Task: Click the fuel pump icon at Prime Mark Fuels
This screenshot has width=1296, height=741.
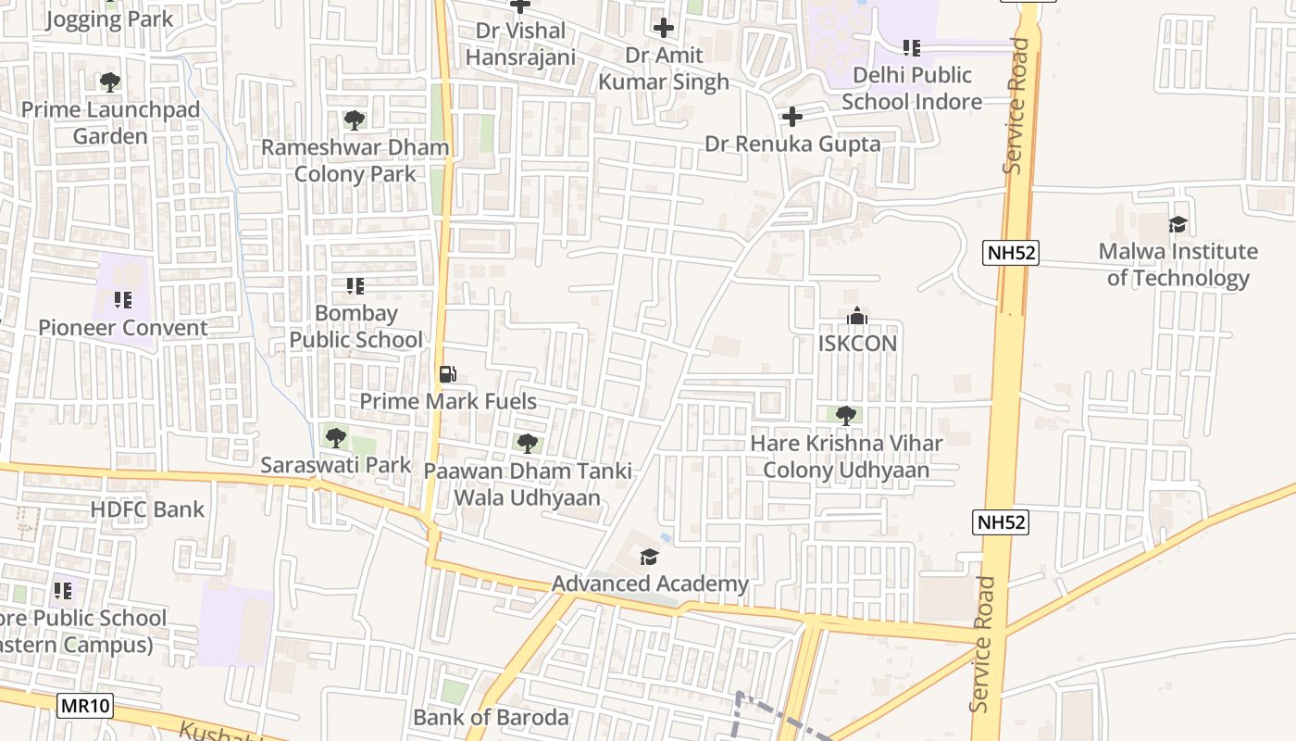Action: tap(447, 374)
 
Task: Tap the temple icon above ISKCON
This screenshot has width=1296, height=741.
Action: tap(857, 316)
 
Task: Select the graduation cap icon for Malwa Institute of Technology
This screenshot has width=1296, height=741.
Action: tap(1178, 224)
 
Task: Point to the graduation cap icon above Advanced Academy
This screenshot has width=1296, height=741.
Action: tap(649, 557)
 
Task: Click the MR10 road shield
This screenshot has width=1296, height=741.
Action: tap(85, 706)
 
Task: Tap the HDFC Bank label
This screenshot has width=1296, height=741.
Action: tap(147, 509)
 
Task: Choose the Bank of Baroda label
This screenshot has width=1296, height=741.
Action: tap(491, 717)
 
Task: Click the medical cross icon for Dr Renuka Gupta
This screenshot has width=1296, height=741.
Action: tap(791, 117)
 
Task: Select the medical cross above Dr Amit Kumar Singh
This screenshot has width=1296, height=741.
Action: tap(663, 28)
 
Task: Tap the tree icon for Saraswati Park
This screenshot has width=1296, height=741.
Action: tap(336, 437)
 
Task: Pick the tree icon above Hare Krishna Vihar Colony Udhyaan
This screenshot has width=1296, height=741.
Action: tap(845, 415)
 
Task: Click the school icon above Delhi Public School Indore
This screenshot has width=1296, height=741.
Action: tap(911, 47)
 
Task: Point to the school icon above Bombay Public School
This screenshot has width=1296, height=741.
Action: tap(355, 286)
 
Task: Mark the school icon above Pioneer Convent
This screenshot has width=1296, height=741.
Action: tap(122, 300)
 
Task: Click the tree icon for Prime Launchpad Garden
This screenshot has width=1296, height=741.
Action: tap(110, 82)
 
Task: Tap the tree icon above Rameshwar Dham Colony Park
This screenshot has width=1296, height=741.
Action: tap(354, 119)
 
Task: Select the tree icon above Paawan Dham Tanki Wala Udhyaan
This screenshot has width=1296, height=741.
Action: tap(527, 443)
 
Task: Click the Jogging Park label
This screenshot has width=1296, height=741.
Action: tap(109, 19)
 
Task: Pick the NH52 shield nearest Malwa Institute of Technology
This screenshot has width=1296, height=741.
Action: tap(1011, 252)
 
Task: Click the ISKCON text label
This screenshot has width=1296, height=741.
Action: tap(857, 344)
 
